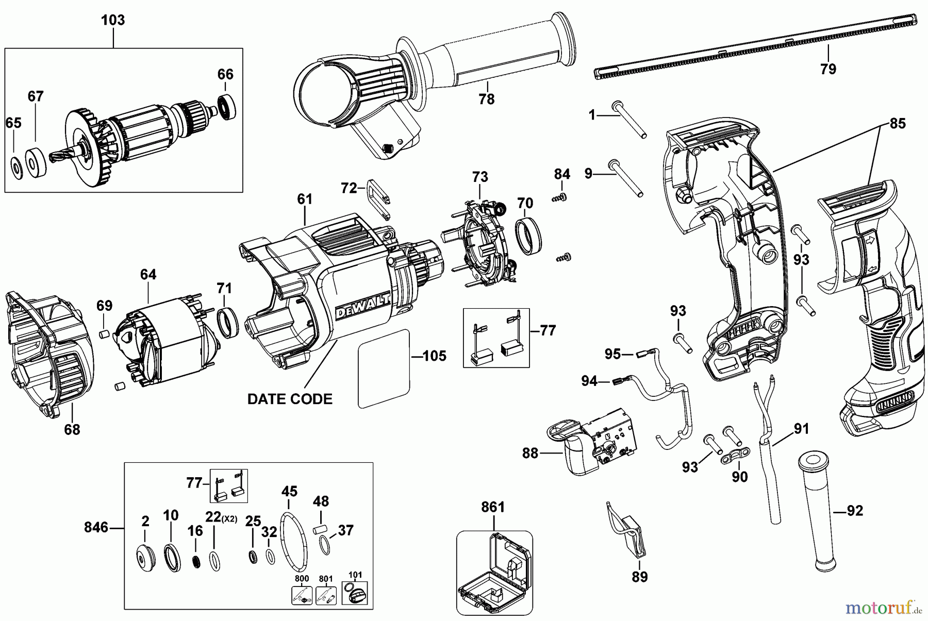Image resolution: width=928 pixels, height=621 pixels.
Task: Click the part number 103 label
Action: pos(112,21)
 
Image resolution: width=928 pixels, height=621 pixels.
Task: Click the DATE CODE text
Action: pos(290,399)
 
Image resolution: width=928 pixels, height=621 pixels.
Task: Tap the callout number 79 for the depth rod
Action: pos(828,69)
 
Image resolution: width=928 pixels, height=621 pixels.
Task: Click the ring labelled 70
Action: pos(529,236)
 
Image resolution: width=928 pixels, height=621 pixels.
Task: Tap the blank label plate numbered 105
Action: pos(384,369)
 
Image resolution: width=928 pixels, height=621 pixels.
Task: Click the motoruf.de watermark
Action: pos(883,608)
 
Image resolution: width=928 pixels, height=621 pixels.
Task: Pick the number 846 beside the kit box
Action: pos(96,527)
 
